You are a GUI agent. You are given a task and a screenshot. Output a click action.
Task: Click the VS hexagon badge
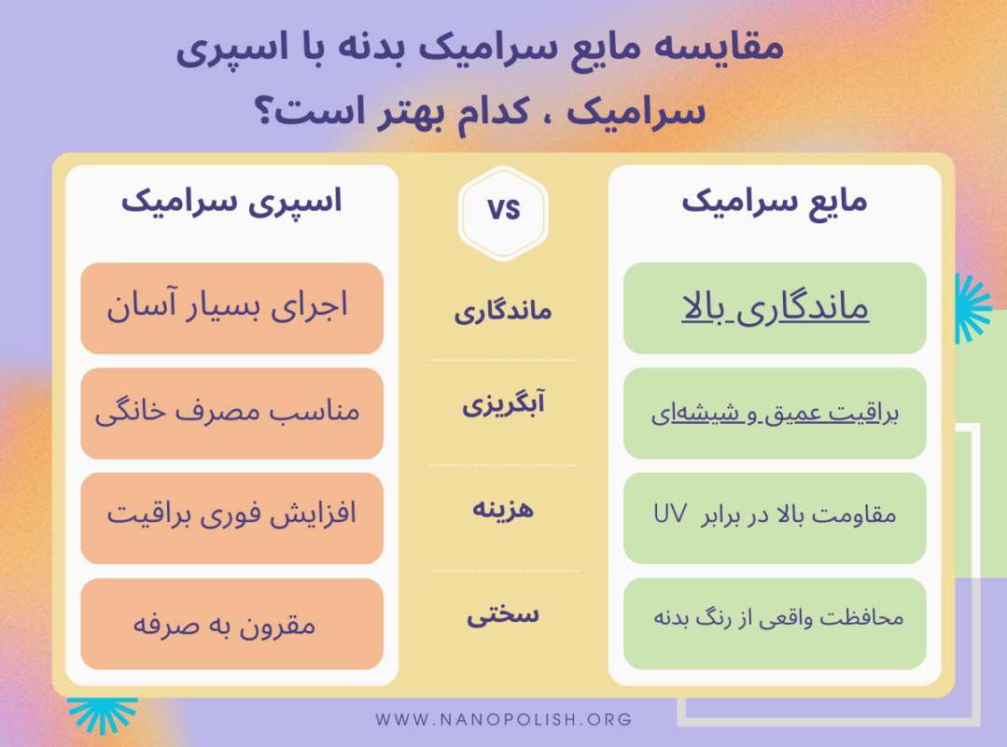coord(503,211)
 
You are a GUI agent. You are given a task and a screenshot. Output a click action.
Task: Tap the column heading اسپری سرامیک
coord(231,202)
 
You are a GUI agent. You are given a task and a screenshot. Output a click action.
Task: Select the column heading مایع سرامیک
coord(774,202)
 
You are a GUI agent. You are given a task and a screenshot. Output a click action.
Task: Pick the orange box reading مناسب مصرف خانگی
coord(231,413)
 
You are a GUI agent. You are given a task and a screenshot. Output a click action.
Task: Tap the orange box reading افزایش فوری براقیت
coord(231,517)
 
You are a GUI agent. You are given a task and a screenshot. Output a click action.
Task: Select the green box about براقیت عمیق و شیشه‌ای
coord(775,413)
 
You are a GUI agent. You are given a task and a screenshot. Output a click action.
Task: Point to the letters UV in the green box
coord(670,514)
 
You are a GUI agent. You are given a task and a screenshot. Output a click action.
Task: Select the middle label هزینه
coord(503,510)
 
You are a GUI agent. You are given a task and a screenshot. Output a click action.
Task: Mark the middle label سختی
coord(503,614)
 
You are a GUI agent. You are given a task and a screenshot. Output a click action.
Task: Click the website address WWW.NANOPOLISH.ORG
coord(504,720)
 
